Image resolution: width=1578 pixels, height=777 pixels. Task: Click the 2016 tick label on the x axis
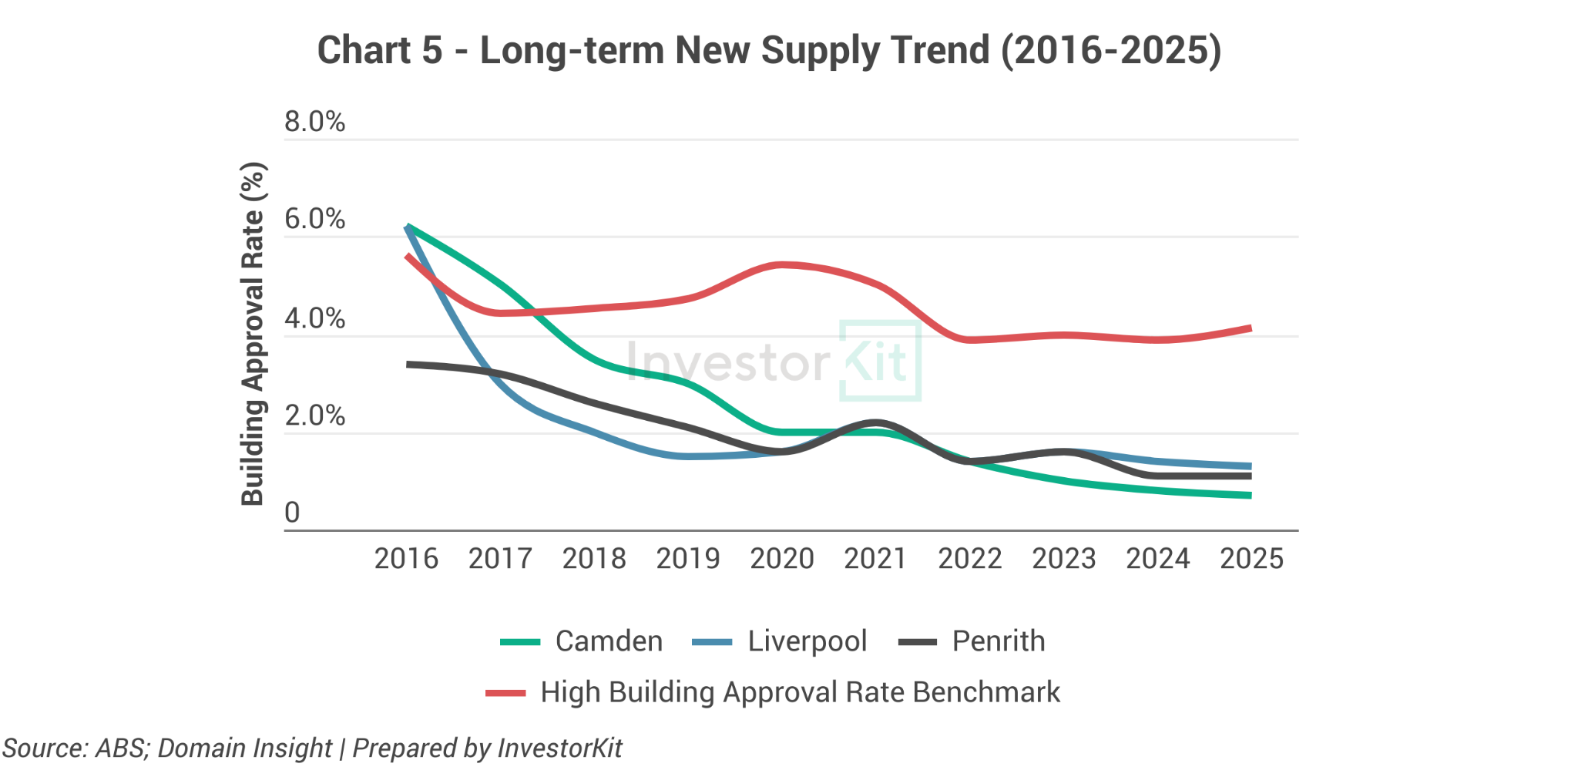(x=406, y=559)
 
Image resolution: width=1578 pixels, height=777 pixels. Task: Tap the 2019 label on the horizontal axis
(x=688, y=559)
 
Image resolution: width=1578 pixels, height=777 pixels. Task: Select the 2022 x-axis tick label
(x=970, y=559)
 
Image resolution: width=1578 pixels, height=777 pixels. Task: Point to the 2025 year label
(x=1251, y=559)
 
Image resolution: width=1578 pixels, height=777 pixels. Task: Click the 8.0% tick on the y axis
(x=314, y=122)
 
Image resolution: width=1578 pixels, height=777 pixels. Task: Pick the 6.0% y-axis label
(x=314, y=220)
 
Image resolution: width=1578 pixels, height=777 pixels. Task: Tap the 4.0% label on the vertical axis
(x=314, y=318)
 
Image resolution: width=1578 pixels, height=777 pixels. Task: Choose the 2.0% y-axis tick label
(x=314, y=416)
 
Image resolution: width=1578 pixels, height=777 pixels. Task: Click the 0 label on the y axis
(x=292, y=513)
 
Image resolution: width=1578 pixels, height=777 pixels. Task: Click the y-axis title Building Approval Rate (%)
(x=253, y=333)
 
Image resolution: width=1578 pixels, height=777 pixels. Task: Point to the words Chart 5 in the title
(x=380, y=51)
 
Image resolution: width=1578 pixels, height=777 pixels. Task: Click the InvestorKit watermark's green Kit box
(x=880, y=361)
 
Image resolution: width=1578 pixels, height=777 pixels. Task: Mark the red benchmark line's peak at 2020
(x=782, y=265)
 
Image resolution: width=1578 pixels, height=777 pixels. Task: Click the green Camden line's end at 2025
(x=1250, y=495)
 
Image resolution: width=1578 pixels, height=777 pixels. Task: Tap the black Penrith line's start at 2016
(x=408, y=364)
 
